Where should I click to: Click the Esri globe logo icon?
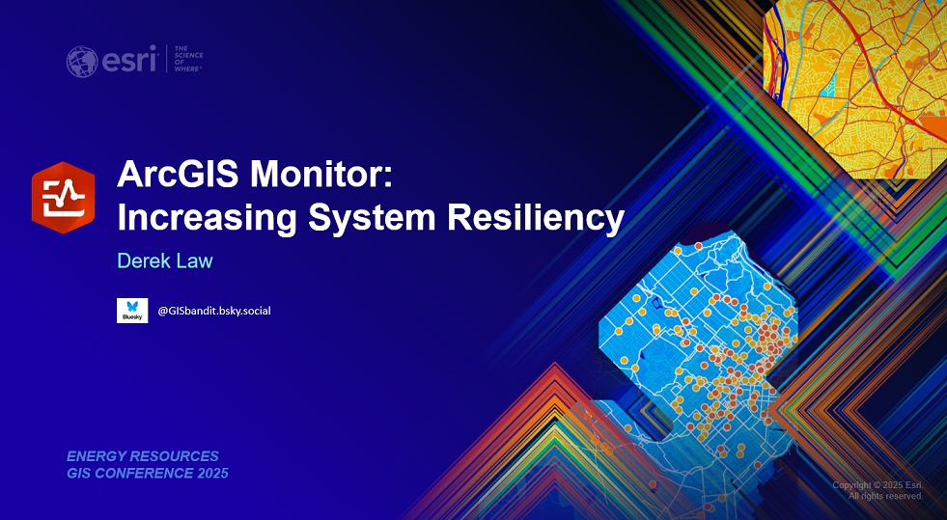[82, 62]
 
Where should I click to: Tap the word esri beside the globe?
[129, 60]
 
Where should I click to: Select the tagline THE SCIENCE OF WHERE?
[188, 59]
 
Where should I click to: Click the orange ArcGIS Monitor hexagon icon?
[64, 197]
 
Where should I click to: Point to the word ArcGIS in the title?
[179, 176]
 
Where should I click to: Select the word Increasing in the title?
[207, 218]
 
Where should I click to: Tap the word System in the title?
[372, 218]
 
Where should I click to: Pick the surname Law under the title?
[194, 260]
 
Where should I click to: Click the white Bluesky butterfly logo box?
[132, 311]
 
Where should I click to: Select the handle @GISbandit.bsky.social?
[213, 312]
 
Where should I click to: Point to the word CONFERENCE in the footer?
[141, 474]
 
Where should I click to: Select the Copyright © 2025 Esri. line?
[877, 485]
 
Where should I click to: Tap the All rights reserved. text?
[885, 496]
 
